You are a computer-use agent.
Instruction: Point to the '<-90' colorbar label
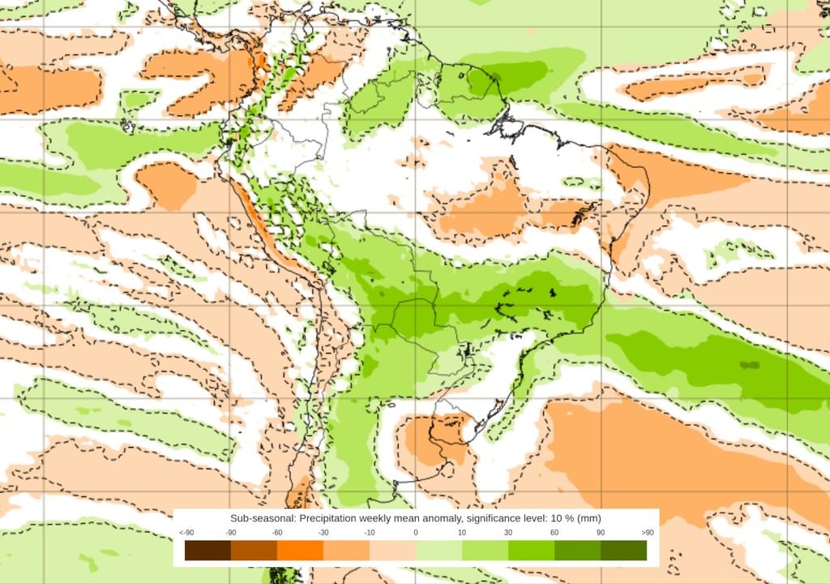[x=186, y=532]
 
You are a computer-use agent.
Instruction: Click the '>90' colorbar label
[x=647, y=532]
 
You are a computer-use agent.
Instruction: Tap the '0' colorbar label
[x=416, y=532]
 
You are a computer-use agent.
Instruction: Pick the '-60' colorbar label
[x=277, y=532]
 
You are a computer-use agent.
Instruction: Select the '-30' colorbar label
[x=323, y=532]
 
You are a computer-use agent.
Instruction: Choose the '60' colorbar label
[x=554, y=532]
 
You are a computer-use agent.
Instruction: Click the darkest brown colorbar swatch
[x=207, y=551]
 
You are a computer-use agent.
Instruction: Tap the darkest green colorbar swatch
[x=623, y=551]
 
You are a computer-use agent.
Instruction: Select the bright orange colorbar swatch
[x=300, y=551]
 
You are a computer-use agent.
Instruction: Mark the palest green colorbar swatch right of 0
[x=439, y=551]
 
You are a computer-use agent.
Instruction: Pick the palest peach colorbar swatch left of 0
[x=392, y=551]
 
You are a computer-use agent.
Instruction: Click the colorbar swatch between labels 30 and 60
[x=531, y=551]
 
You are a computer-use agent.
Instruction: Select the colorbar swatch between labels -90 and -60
[x=254, y=551]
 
